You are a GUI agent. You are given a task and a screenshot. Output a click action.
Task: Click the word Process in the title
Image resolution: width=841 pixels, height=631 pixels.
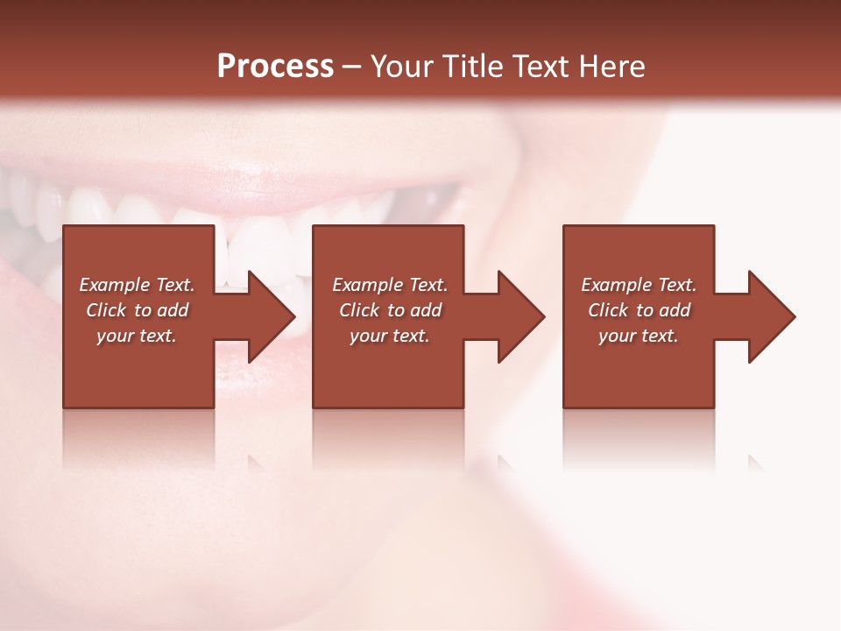pyautogui.click(x=275, y=67)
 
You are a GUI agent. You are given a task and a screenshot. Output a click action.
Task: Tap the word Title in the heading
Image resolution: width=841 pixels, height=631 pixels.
pyautogui.click(x=471, y=67)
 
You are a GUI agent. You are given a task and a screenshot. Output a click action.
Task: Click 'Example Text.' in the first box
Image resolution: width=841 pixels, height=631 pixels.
pyautogui.click(x=137, y=285)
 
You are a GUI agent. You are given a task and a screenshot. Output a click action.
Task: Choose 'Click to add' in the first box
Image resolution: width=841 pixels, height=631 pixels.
pyautogui.click(x=137, y=310)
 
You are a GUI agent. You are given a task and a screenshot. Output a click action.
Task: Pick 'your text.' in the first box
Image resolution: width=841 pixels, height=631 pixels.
pyautogui.click(x=137, y=336)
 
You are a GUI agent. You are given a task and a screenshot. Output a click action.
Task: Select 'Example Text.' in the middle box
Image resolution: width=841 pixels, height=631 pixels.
pyautogui.click(x=390, y=285)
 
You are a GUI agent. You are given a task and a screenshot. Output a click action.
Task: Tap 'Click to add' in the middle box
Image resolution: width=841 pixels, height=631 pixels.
pyautogui.click(x=390, y=310)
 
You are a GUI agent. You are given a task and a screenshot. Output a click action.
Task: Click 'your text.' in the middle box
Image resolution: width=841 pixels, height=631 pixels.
pyautogui.click(x=390, y=336)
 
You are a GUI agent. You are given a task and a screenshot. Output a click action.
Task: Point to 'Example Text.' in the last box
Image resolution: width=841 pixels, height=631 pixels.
pyautogui.click(x=639, y=285)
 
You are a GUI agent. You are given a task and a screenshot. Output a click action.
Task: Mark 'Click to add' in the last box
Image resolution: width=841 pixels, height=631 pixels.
pyautogui.click(x=639, y=310)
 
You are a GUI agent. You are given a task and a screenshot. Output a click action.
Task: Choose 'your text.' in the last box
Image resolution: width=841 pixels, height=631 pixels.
pyautogui.click(x=639, y=336)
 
